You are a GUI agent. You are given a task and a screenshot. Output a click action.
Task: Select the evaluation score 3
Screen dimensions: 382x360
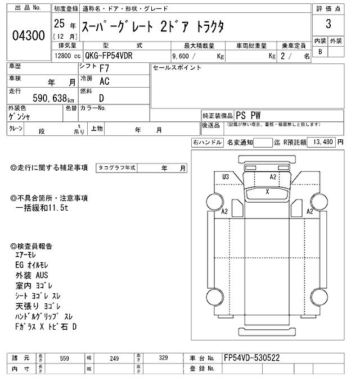click(327, 25)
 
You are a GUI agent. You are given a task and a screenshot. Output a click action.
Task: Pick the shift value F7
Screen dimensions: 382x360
click(105, 69)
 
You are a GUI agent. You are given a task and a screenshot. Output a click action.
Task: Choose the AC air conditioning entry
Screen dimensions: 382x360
click(104, 82)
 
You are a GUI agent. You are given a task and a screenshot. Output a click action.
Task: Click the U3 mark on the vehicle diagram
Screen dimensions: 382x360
click(226, 177)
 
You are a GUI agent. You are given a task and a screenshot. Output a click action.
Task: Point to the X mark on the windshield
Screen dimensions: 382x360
click(268, 192)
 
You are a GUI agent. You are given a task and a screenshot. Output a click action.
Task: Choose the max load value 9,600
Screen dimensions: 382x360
click(183, 57)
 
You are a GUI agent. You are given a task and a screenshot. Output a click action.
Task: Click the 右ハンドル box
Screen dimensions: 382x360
click(207, 143)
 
